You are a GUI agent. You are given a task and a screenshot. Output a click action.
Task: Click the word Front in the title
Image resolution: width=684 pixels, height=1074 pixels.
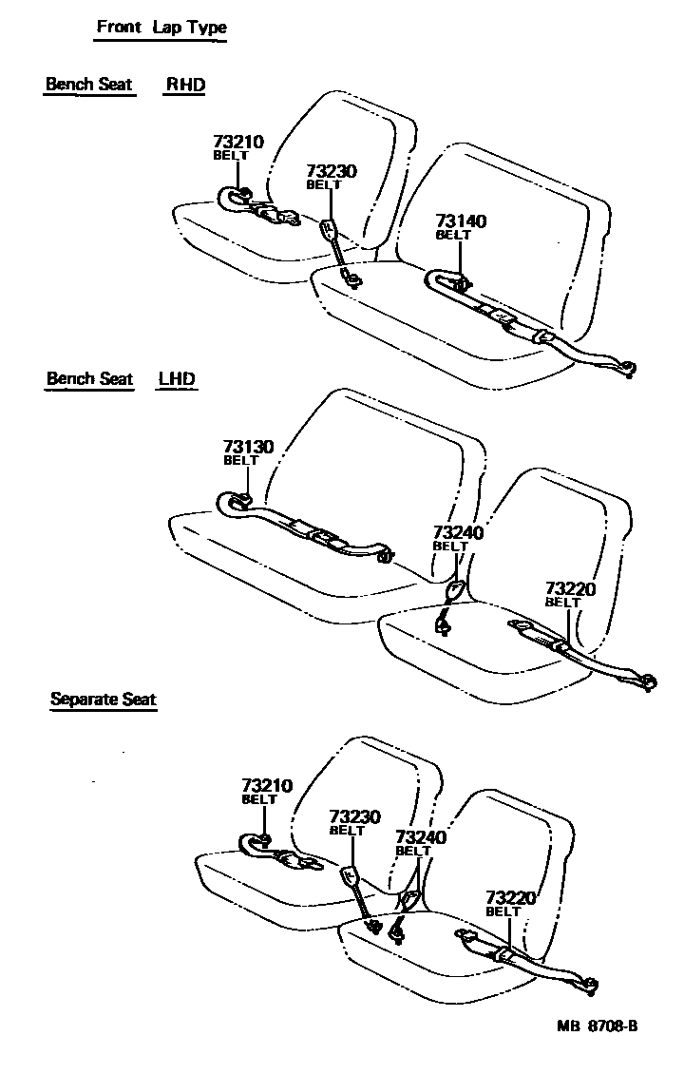click(119, 27)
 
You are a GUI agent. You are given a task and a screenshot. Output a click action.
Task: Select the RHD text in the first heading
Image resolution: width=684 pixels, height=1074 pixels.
click(185, 84)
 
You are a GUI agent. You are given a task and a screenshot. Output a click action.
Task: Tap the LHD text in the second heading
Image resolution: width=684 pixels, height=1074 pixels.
click(177, 378)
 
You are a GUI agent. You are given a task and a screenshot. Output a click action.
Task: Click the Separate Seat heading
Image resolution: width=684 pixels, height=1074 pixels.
click(103, 700)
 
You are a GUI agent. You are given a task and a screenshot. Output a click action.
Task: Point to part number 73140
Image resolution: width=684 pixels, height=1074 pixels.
click(461, 221)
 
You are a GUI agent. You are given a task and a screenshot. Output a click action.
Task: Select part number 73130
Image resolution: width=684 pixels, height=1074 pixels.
click(248, 447)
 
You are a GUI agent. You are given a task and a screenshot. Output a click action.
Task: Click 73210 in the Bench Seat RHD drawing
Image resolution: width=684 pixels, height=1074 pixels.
click(237, 143)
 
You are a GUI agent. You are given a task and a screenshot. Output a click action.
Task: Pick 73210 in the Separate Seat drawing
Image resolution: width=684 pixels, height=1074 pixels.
click(266, 786)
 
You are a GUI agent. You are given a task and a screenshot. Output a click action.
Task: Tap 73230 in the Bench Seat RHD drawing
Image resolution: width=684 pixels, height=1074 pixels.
click(331, 171)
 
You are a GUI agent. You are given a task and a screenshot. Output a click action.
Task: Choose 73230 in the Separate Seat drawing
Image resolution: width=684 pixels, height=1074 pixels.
click(354, 816)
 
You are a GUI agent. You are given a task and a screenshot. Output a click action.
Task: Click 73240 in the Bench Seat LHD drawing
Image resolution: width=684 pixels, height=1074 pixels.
click(458, 533)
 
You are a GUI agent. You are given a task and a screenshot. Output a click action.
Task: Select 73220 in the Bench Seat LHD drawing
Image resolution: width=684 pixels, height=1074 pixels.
click(570, 589)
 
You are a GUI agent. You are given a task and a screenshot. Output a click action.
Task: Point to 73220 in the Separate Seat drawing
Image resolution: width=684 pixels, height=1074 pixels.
click(511, 897)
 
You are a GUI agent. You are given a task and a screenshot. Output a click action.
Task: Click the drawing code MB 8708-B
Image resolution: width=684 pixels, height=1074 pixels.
click(597, 1026)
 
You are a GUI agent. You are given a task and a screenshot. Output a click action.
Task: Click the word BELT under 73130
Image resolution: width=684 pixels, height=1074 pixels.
click(240, 460)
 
